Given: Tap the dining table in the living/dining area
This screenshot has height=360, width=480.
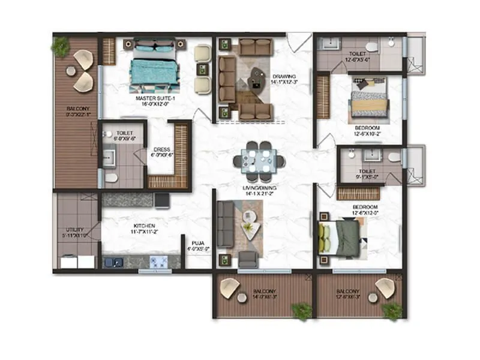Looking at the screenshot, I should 259,161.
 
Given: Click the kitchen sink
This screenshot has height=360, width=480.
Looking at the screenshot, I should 113,262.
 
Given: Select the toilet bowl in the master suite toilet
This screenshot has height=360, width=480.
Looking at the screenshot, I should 111,178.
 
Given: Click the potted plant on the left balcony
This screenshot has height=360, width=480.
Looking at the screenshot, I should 60,46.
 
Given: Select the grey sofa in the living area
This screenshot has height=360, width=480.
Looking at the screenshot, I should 225,223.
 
